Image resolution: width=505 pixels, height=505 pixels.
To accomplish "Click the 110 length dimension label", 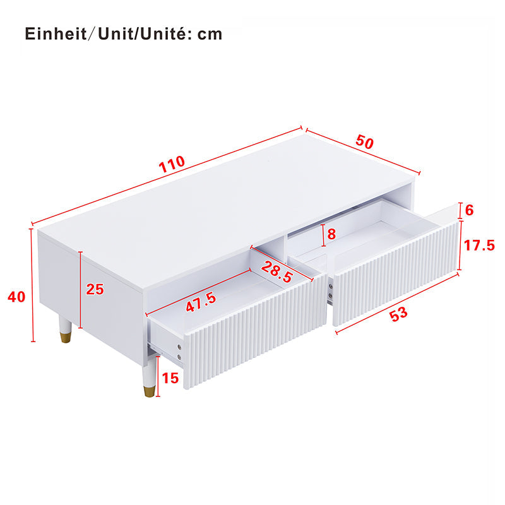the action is (172, 164).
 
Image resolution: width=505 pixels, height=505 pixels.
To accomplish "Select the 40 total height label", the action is (16, 297).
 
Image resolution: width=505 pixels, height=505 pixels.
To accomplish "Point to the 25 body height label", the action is (95, 289).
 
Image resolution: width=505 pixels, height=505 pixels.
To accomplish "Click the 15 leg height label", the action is (170, 378).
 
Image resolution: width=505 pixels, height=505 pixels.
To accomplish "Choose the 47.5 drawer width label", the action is (201, 302).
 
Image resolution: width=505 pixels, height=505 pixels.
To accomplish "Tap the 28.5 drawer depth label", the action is (277, 272).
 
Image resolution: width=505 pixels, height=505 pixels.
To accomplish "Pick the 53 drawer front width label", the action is (399, 314).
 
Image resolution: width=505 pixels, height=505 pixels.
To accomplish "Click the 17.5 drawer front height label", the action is (479, 246).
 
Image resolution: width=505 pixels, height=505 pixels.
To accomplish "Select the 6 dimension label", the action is (469, 210).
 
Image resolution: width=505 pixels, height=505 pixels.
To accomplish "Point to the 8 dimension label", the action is (331, 234).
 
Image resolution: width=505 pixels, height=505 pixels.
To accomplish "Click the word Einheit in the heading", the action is (56, 34).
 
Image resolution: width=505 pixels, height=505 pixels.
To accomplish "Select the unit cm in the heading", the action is (210, 35).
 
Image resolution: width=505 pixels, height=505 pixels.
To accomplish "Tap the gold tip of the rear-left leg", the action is (66, 337).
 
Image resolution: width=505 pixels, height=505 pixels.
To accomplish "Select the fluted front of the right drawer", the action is (396, 273).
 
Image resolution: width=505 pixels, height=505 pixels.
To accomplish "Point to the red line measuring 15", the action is (158, 376).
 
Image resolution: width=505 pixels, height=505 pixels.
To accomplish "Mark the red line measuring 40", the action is (33, 285).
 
